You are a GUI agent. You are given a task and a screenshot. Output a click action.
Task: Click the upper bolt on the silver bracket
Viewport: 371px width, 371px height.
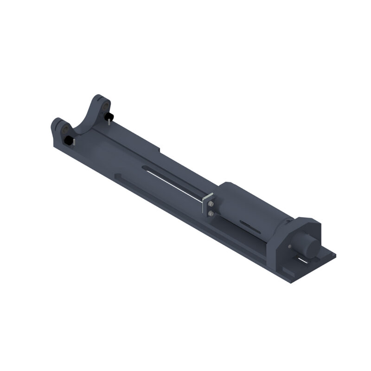coord(211,204)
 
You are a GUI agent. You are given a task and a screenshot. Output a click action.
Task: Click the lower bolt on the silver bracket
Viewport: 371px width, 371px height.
coord(211,213)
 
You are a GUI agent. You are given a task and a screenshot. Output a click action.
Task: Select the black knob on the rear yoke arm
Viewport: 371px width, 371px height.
coord(109,116)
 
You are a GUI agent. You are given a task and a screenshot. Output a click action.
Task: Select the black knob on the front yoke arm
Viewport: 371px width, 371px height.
coord(68,140)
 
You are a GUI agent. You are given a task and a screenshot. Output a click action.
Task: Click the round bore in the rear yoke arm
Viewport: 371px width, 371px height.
coord(105,105)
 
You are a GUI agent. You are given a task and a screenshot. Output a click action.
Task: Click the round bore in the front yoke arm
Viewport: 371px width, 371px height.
coord(65,129)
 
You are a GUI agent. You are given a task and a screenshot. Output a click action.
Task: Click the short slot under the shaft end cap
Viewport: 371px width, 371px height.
coord(303,261)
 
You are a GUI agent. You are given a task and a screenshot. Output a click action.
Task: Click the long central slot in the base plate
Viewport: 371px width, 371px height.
coord(172,181)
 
